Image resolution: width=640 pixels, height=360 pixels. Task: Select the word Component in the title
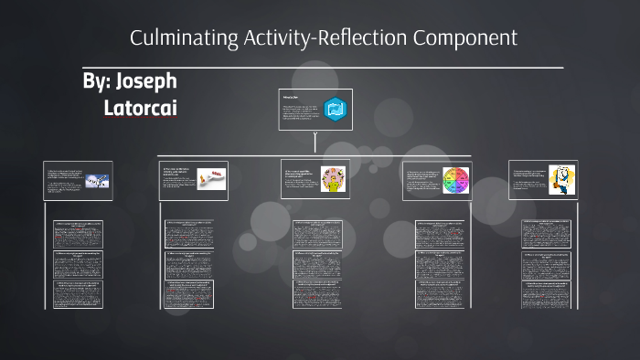(x=465, y=38)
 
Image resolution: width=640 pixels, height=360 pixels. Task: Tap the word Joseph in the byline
(x=146, y=81)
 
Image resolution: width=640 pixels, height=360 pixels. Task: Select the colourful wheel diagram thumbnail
(x=455, y=180)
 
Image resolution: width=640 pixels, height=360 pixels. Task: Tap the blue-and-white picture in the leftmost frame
(x=98, y=181)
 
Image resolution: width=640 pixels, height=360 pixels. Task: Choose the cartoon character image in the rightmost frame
(x=560, y=180)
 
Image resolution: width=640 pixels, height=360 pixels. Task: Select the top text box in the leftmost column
(x=78, y=235)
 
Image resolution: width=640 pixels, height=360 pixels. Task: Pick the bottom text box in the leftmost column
(x=78, y=294)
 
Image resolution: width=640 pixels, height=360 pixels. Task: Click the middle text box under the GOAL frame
(x=189, y=265)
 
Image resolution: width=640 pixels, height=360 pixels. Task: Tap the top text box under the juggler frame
(x=316, y=235)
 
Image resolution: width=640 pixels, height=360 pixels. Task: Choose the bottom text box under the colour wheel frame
(x=439, y=294)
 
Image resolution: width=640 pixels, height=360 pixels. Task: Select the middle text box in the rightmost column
(x=546, y=265)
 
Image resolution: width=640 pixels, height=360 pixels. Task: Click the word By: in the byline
(x=96, y=81)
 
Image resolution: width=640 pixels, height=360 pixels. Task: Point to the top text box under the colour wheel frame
(x=439, y=235)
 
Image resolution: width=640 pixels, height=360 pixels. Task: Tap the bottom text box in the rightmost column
(x=546, y=294)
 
